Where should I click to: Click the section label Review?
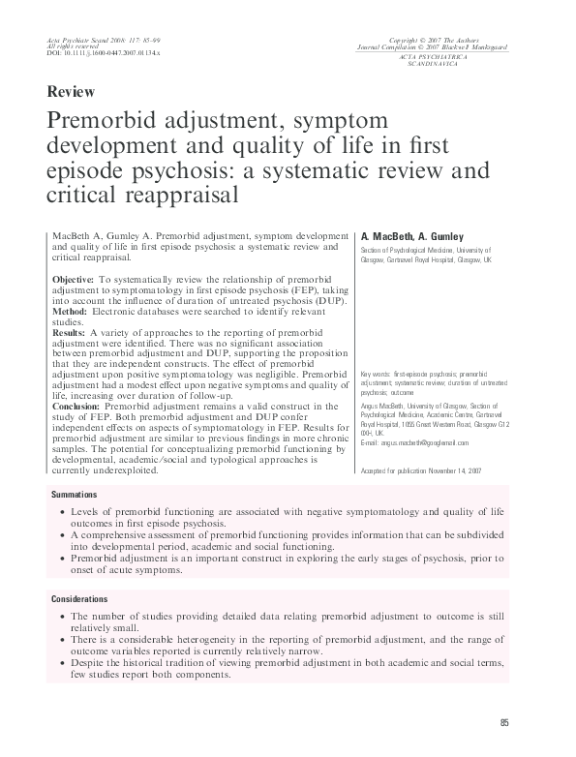click(70, 93)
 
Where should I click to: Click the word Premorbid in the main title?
click(101, 123)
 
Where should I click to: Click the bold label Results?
click(71, 331)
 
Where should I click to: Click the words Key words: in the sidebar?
click(374, 372)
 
